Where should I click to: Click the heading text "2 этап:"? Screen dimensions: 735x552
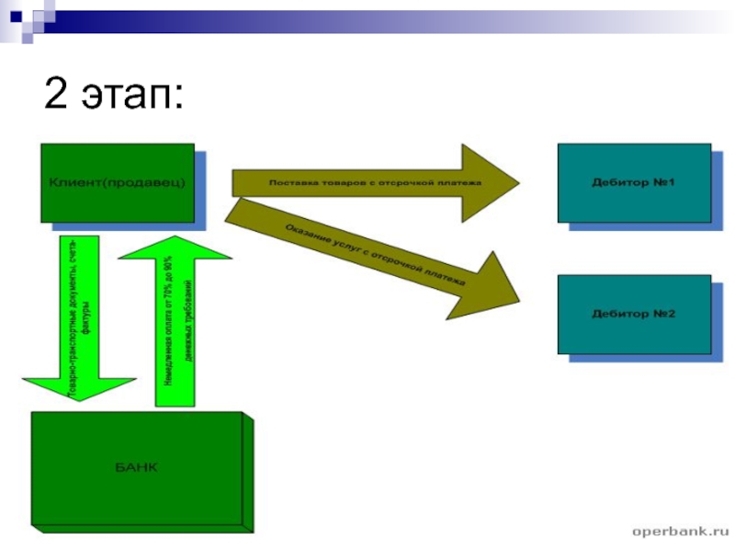click(x=114, y=95)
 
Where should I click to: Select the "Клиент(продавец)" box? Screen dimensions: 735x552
click(x=117, y=182)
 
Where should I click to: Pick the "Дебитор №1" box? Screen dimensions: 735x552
click(x=633, y=182)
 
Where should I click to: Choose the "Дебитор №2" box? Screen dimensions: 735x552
click(x=633, y=314)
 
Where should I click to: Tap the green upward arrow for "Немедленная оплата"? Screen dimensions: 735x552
click(x=175, y=322)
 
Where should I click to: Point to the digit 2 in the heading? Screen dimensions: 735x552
click(x=56, y=95)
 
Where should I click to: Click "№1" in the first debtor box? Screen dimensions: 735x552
click(x=664, y=182)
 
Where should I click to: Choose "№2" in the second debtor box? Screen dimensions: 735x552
click(x=664, y=314)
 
